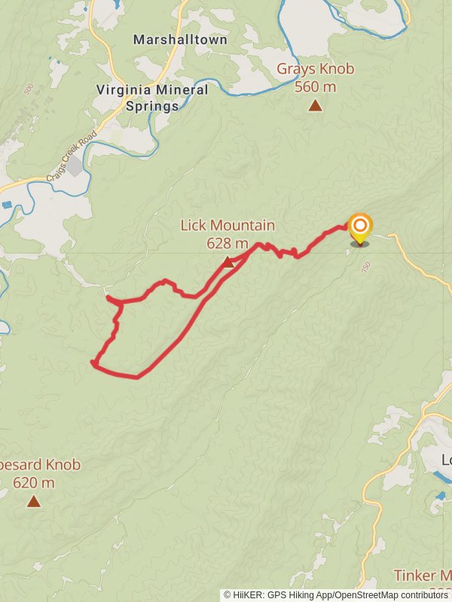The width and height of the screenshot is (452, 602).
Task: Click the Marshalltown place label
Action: click(180, 40)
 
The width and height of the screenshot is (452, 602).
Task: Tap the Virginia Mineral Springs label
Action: click(152, 98)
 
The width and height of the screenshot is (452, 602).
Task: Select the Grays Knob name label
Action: click(315, 69)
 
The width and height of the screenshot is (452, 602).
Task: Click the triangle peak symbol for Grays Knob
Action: click(315, 105)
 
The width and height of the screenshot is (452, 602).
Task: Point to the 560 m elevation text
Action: click(315, 87)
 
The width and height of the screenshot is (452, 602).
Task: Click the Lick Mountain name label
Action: click(228, 225)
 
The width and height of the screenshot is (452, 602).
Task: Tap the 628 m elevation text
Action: click(228, 242)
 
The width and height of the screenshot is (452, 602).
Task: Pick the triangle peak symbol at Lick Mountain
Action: click(228, 261)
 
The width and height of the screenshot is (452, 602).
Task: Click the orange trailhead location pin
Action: click(360, 227)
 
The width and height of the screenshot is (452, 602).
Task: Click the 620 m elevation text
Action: click(34, 482)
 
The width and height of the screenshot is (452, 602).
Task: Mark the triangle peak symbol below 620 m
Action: click(34, 500)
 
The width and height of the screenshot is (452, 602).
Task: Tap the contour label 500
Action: click(29, 89)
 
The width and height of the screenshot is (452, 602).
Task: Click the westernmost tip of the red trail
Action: click(92, 363)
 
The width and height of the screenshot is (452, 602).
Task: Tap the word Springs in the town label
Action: click(152, 106)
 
